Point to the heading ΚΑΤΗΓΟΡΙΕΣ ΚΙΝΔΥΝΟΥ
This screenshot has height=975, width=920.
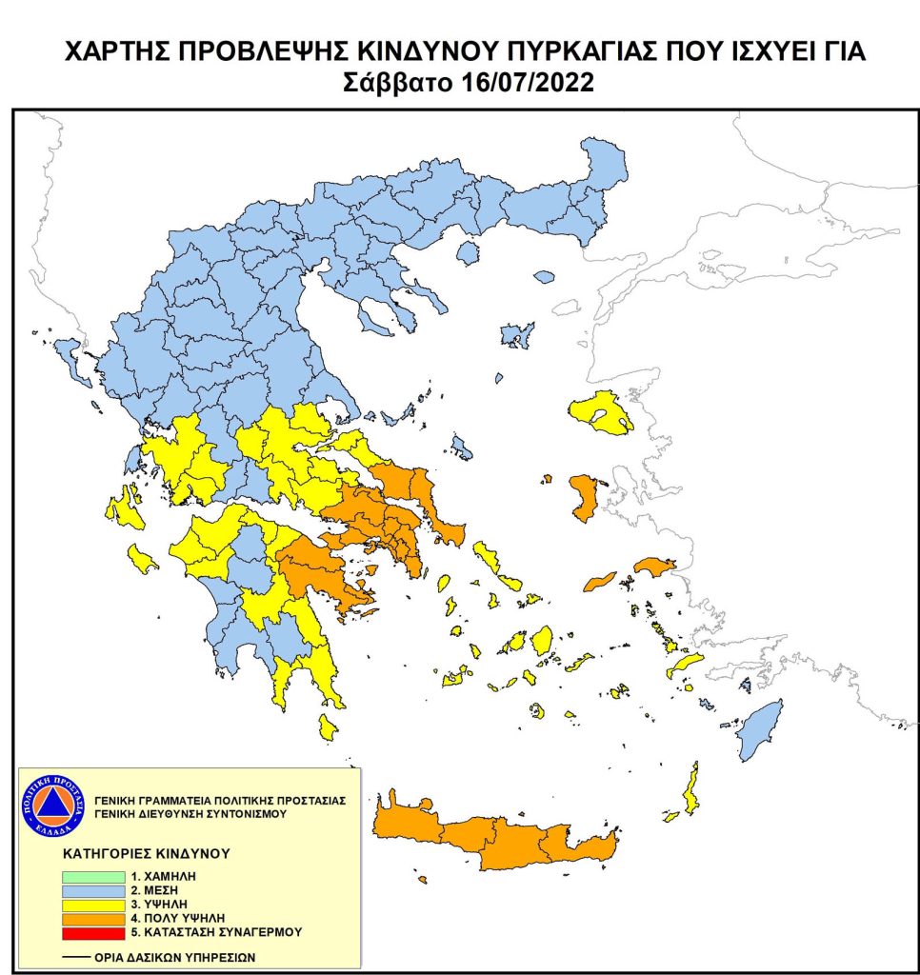coord(147,853)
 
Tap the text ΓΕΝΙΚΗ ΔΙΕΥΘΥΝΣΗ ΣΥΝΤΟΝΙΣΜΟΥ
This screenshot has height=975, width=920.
coord(188,814)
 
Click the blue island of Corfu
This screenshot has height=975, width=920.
coord(70,359)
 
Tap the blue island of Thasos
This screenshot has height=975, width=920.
coord(467,252)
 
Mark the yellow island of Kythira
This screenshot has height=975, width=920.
coord(328,728)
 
